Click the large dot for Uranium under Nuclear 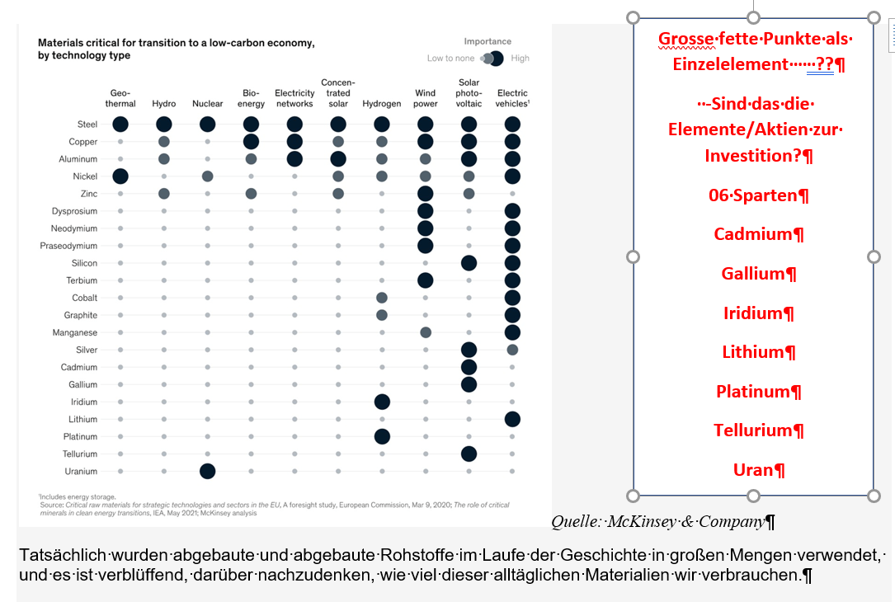pos(207,471)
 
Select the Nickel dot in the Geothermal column pos(120,176)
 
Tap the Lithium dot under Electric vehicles pos(512,419)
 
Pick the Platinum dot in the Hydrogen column pos(382,436)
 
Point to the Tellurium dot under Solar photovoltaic pos(469,454)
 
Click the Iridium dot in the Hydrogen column pos(382,402)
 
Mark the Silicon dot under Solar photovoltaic pos(469,263)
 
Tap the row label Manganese pos(75,332)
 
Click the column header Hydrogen pos(382,104)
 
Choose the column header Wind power pos(426,98)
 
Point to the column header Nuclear pos(207,104)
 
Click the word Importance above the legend pos(488,41)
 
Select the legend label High pos(521,59)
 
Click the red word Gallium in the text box pos(752,273)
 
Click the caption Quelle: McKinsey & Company pos(657,521)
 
